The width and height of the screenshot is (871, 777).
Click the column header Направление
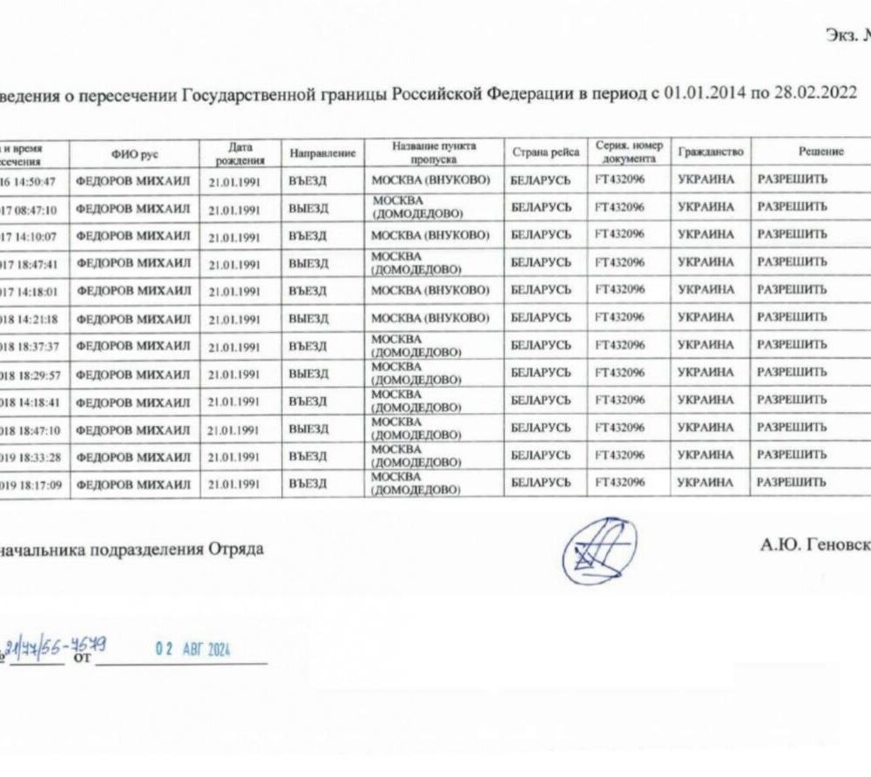(322, 152)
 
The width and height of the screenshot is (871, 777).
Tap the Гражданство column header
(710, 152)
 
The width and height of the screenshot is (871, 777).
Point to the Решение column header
(820, 152)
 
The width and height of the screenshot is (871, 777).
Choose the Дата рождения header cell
(234, 152)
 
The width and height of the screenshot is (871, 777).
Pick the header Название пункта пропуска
(434, 152)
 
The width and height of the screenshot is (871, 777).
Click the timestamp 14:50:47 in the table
(34, 180)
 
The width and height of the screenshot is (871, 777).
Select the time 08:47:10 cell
(34, 208)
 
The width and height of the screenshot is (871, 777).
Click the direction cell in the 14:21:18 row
(307, 318)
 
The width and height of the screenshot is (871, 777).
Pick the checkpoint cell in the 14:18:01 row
(429, 289)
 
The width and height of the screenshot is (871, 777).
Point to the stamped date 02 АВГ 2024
(192, 650)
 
